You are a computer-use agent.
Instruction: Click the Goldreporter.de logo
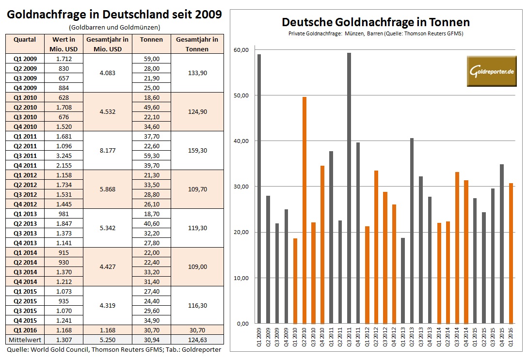click(492, 71)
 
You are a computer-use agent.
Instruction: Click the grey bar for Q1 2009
click(259, 189)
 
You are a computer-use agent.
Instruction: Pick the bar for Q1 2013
click(403, 281)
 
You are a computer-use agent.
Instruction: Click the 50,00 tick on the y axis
click(241, 95)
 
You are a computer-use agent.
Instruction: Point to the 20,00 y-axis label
click(241, 233)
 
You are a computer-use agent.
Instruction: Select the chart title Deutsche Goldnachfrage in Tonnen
click(375, 22)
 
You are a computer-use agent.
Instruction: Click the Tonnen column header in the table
click(154, 39)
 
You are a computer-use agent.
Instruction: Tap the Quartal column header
click(25, 39)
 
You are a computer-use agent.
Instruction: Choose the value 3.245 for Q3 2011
click(63, 156)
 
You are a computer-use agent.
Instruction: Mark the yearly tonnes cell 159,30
click(197, 151)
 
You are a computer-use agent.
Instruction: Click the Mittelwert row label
click(25, 340)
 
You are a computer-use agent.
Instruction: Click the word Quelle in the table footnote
click(17, 349)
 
